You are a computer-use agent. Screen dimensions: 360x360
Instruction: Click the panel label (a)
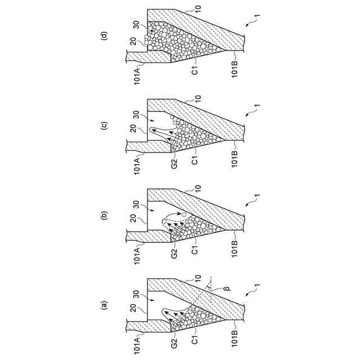pyautogui.click(x=103, y=306)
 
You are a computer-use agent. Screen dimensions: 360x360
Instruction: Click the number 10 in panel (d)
pyautogui.click(x=197, y=9)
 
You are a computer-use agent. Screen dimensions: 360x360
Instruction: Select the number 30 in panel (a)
pyautogui.click(x=136, y=293)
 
